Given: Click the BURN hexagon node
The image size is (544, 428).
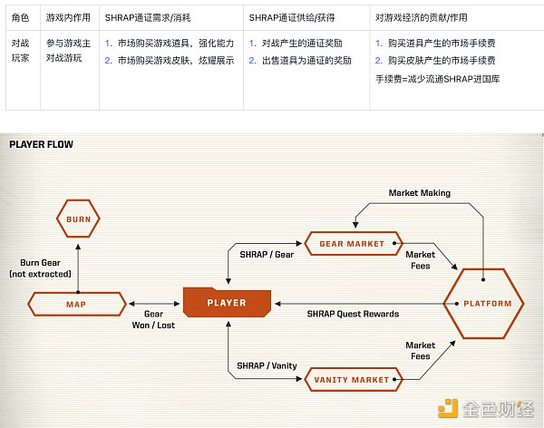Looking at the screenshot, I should click(78, 219).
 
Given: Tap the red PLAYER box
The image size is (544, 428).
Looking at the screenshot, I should click(227, 302).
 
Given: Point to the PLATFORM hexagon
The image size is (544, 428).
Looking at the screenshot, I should click(482, 303).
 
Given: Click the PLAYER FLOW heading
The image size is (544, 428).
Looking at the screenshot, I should click(41, 143).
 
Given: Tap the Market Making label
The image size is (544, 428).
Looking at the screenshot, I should click(419, 193).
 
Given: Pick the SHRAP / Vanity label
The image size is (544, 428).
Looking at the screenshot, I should click(267, 365).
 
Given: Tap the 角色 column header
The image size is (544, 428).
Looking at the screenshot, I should click(20, 16).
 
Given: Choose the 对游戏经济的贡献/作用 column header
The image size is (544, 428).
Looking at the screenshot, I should click(423, 16).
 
